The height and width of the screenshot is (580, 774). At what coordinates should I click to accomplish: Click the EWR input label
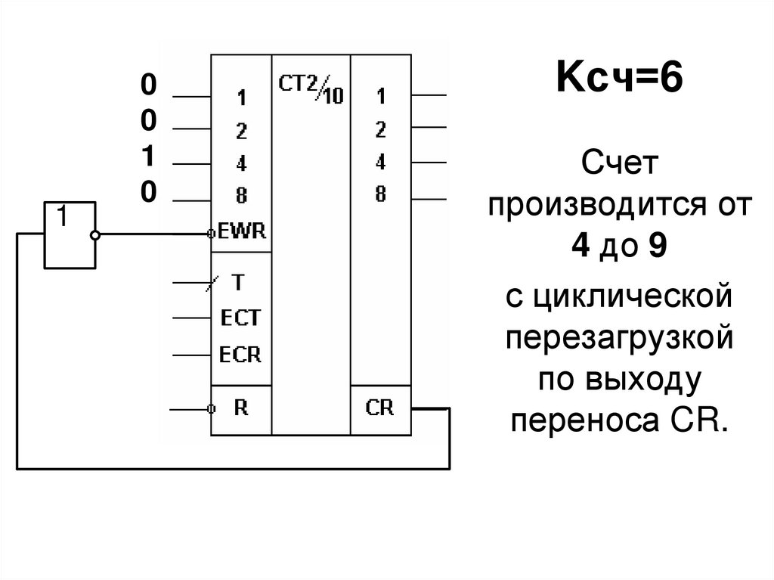pos(243,231)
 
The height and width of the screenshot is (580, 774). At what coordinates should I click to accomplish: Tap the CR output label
pos(380,408)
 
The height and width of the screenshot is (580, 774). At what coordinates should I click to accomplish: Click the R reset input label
pos(241,408)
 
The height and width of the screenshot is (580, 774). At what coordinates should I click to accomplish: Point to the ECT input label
pos(240,318)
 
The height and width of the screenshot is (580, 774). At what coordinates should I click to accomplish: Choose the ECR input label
pos(240,354)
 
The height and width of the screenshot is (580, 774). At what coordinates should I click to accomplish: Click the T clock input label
pos(238,283)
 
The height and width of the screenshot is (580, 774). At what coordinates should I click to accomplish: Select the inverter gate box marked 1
pos(70,234)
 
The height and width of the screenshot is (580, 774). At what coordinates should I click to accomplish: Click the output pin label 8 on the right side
pos(380,194)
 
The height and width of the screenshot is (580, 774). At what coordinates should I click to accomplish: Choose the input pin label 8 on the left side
pos(241,196)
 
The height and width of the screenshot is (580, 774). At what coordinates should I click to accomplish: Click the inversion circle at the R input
pos(212,408)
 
